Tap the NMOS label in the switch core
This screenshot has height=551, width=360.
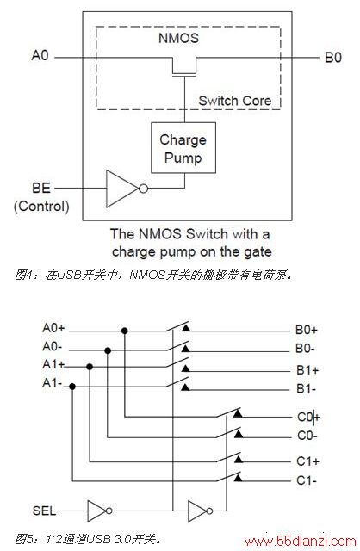tap(178, 38)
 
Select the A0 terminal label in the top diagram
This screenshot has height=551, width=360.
tap(40, 55)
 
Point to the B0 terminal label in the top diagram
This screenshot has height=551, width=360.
tap(333, 58)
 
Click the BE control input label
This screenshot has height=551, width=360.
tap(41, 188)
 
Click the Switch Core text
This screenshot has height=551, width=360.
tap(235, 101)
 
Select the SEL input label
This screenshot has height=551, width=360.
tap(44, 511)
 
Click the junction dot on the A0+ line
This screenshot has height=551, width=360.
tap(125, 331)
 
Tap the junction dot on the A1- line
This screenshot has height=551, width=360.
tap(72, 387)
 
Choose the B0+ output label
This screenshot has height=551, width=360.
tap(307, 330)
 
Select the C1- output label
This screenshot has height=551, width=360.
tap(307, 480)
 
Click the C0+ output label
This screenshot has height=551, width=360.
tap(308, 417)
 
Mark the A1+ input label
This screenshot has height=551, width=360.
tap(53, 364)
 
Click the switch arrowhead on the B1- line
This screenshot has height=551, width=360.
tap(185, 387)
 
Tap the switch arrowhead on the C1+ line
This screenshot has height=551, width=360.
tap(239, 459)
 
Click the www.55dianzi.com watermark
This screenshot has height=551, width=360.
tap(301, 542)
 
